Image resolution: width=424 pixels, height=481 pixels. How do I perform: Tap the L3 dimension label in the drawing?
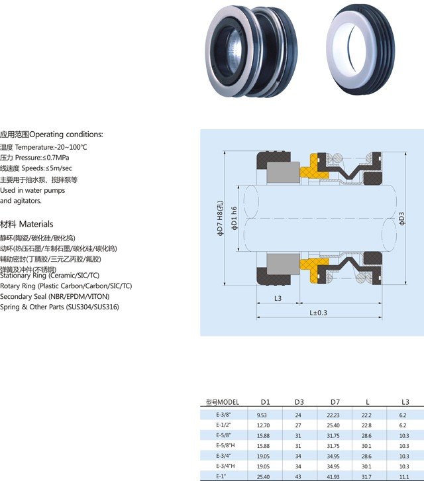click(278, 298)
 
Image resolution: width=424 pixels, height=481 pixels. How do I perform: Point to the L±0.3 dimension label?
click(318, 313)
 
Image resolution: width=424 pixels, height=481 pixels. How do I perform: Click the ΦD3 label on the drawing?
click(402, 219)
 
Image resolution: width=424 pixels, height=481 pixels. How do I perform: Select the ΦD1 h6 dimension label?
click(234, 218)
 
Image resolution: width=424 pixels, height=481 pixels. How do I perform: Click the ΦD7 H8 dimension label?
click(221, 218)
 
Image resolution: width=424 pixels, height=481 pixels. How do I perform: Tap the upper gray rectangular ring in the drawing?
click(283, 172)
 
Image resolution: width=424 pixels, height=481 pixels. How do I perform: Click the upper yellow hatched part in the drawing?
click(313, 168)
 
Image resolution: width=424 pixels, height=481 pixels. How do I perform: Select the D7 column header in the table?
click(335, 402)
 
